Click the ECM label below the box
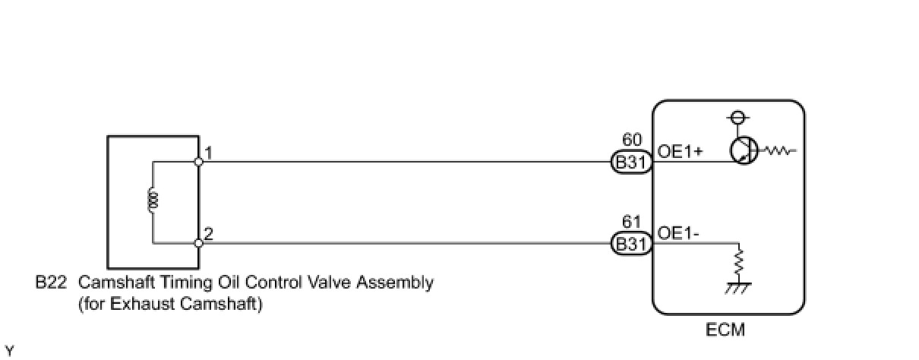tap(725, 330)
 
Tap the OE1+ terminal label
tap(680, 152)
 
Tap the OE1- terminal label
tap(677, 233)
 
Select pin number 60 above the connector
tap(632, 140)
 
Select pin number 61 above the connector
tap(631, 222)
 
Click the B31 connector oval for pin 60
tap(632, 162)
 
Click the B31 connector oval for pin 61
tap(632, 244)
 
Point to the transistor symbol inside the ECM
tap(744, 150)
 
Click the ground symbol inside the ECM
tap(738, 288)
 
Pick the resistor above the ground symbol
tap(738, 262)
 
